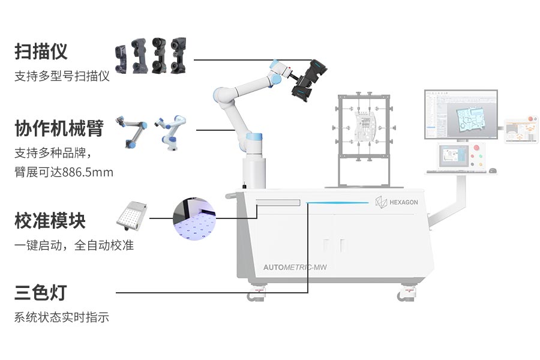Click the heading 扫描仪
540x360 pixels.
point(41,52)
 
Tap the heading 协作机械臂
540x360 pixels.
point(59,128)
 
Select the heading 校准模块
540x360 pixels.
point(50,221)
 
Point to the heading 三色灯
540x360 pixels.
point(41,293)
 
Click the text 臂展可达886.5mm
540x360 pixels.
point(64,173)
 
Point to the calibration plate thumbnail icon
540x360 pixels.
point(132,214)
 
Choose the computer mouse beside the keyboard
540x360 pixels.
point(493,170)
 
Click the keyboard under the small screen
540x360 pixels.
point(451,172)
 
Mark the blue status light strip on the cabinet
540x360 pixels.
point(338,203)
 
